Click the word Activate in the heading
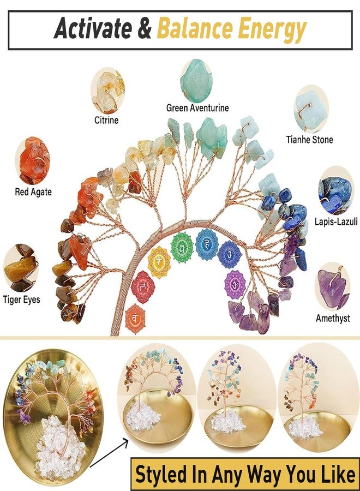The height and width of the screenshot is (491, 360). click(x=93, y=28)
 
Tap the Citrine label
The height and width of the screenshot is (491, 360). click(x=106, y=120)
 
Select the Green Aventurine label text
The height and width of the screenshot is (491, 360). click(x=197, y=108)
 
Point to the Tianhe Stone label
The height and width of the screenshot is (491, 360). click(x=309, y=139)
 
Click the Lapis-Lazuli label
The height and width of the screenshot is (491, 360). click(x=336, y=221)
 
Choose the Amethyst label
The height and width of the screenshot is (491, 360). click(x=333, y=318)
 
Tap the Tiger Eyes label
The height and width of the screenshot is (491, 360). click(x=22, y=300)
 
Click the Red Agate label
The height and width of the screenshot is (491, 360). click(x=33, y=191)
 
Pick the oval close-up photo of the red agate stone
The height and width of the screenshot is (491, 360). click(x=33, y=160)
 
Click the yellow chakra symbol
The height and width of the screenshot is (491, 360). click(x=159, y=262)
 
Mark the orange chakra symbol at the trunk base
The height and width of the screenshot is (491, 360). click(x=135, y=319)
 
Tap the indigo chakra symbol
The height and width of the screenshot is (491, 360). click(x=230, y=255)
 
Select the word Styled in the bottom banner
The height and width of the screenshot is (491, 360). click(x=162, y=475)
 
